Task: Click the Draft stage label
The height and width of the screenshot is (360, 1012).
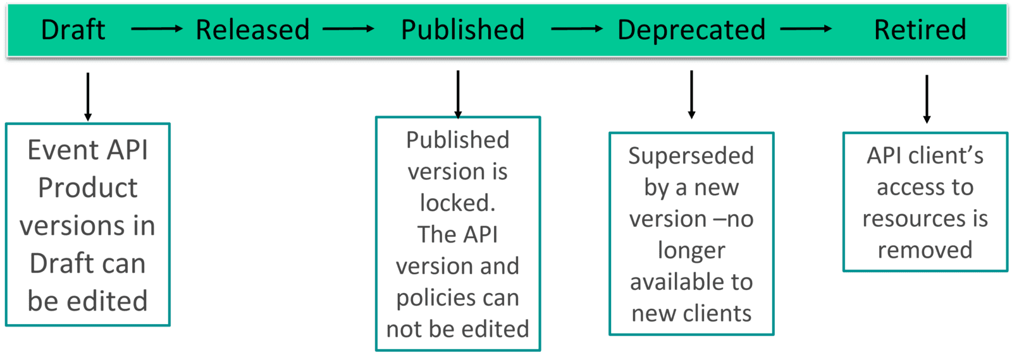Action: [73, 30]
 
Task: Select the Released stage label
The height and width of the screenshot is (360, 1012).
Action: [252, 30]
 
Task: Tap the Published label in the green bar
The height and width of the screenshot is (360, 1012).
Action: [462, 30]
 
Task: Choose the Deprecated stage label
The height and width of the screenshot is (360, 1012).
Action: [691, 30]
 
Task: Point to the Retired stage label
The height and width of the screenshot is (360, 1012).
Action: [920, 30]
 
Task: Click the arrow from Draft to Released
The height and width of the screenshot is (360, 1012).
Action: [156, 28]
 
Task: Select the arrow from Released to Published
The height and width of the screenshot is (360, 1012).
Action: [348, 28]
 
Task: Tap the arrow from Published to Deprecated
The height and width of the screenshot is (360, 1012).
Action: [577, 28]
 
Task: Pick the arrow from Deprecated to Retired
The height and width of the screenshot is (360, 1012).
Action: [806, 28]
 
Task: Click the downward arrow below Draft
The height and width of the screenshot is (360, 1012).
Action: [88, 96]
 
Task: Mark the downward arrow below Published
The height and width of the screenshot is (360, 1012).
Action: [458, 93]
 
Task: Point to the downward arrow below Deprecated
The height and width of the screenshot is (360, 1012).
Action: [691, 94]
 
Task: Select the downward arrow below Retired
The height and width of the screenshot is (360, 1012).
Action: [927, 99]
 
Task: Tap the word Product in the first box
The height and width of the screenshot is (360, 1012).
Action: [87, 188]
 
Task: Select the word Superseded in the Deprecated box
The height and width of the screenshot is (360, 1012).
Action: [691, 155]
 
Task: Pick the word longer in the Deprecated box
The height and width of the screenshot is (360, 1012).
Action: [691, 251]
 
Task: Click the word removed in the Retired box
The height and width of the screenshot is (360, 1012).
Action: [925, 250]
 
